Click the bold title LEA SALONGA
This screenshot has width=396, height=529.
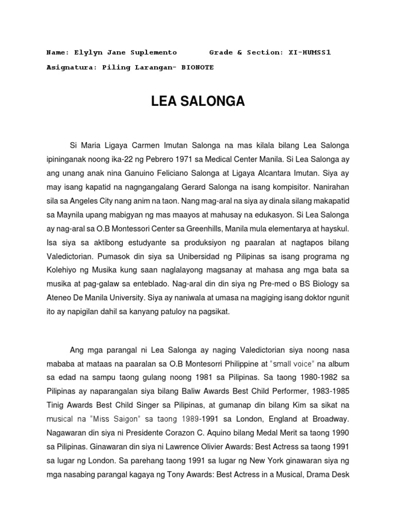pyautogui.click(x=197, y=102)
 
